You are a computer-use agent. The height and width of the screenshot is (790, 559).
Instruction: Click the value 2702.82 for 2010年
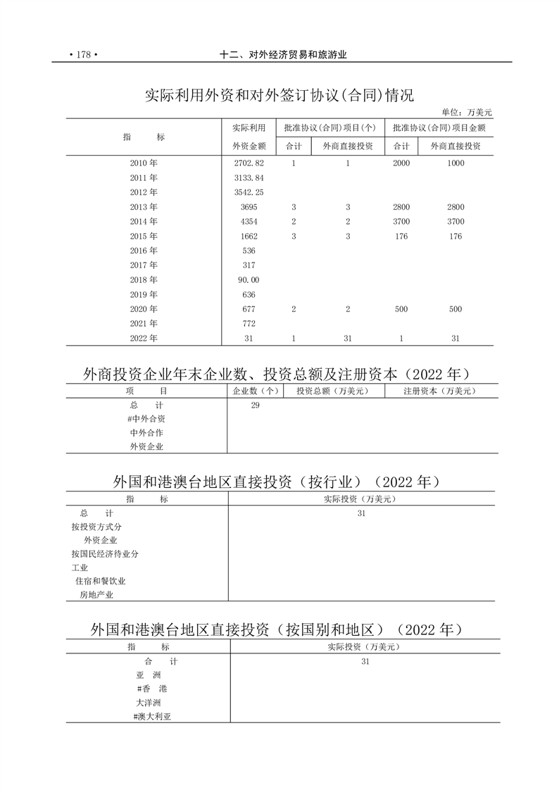[249, 163]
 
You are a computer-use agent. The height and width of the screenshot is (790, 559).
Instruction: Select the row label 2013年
[144, 207]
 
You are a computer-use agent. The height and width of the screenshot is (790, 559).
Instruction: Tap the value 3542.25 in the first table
[249, 192]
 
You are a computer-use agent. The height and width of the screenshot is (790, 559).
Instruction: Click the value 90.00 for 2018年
[249, 280]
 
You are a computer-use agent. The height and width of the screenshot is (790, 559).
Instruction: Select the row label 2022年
[144, 339]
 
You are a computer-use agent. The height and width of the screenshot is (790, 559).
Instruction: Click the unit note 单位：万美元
[467, 112]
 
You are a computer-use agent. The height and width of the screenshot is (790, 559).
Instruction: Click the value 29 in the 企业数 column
[255, 406]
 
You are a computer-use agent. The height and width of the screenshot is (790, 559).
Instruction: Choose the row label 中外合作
[146, 433]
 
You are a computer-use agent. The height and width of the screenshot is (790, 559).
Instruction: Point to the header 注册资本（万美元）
[441, 391]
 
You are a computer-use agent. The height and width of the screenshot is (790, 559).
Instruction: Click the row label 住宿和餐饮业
[101, 581]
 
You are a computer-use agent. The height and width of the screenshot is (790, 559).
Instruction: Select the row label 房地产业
[96, 595]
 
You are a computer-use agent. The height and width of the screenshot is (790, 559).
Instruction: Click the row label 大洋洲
[149, 703]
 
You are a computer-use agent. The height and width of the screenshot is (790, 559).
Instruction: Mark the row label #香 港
[153, 689]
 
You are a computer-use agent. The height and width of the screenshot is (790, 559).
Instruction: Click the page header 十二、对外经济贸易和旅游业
[284, 56]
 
